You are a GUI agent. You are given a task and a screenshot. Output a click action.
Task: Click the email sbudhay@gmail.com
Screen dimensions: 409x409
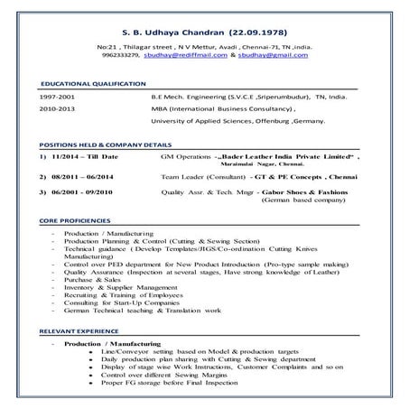click(x=271, y=54)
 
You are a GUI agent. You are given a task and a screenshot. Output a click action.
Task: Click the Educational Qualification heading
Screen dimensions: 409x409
click(x=94, y=83)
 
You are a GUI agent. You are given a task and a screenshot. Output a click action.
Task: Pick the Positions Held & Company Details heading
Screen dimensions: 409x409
click(x=107, y=144)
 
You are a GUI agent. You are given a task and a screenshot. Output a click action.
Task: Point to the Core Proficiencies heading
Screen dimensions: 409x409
click(x=77, y=219)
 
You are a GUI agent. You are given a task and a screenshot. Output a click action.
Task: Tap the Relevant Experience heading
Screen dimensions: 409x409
click(x=79, y=331)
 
